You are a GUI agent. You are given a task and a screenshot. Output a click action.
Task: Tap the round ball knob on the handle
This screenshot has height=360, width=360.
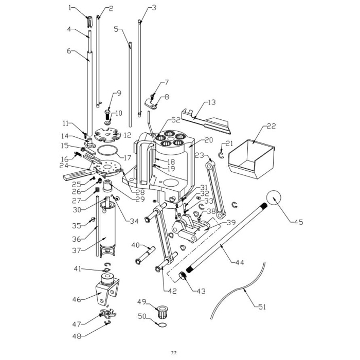pyautogui.click(x=276, y=199)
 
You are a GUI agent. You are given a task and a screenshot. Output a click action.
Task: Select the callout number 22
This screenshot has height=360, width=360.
pyautogui.click(x=272, y=126)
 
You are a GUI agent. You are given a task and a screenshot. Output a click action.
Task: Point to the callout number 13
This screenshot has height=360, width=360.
pyautogui.click(x=211, y=102)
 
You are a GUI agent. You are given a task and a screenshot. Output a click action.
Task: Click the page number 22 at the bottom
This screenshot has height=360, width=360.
pyautogui.click(x=173, y=352)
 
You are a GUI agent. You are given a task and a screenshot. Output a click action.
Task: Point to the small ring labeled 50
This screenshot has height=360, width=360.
pyautogui.click(x=161, y=325)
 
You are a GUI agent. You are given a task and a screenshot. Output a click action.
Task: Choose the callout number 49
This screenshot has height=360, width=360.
pyautogui.click(x=141, y=301)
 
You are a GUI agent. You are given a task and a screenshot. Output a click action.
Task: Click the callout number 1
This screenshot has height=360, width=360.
pyautogui.click(x=71, y=8)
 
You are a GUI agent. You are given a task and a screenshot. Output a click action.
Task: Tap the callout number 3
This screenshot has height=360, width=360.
pyautogui.click(x=153, y=8)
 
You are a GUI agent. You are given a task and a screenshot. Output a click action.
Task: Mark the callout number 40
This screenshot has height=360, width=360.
pyautogui.click(x=136, y=245)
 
